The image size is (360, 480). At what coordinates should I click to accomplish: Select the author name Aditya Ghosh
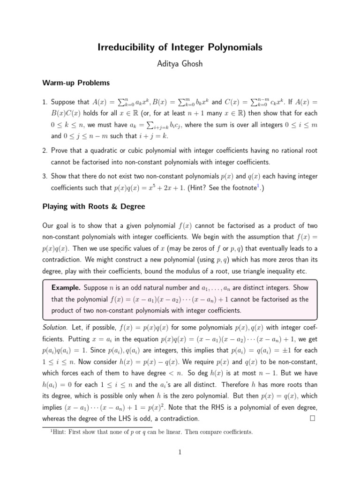click(180, 64)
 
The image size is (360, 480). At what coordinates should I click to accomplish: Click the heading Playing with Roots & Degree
click(94, 206)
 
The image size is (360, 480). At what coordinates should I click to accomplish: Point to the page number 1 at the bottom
click(180, 452)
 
